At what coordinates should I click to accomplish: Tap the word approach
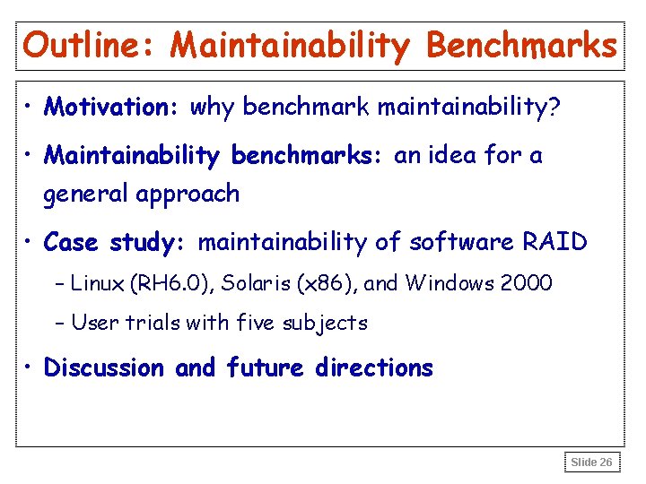(x=190, y=194)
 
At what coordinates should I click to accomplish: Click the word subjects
(x=327, y=323)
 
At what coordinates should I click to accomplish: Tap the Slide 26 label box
(x=592, y=462)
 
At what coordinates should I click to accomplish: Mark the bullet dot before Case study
(x=31, y=243)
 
